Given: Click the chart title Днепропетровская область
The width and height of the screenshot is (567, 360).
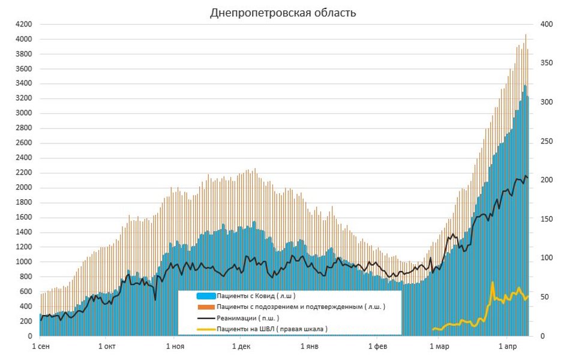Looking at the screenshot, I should click(x=283, y=13).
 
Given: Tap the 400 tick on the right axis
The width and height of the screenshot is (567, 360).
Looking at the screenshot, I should click(x=545, y=25).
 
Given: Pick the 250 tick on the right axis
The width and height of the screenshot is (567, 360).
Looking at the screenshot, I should click(x=545, y=142).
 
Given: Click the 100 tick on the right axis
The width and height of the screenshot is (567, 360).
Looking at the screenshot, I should click(x=545, y=258).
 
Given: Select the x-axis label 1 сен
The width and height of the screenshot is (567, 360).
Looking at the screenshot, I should click(x=41, y=347).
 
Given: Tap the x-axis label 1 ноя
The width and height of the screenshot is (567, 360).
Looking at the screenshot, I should click(x=175, y=347).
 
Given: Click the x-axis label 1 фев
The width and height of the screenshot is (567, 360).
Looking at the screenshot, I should click(x=377, y=347).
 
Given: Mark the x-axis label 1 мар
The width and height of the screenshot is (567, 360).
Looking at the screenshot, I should click(x=439, y=347).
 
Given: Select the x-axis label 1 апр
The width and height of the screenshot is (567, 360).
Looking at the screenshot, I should click(x=507, y=347).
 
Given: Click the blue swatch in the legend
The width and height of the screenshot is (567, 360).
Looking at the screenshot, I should click(x=206, y=296).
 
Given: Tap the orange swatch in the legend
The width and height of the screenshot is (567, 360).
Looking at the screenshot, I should click(x=206, y=307).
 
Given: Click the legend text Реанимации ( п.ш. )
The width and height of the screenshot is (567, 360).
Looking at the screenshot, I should click(x=247, y=317).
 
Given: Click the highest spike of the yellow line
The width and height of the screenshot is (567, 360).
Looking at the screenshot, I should click(x=493, y=282).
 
